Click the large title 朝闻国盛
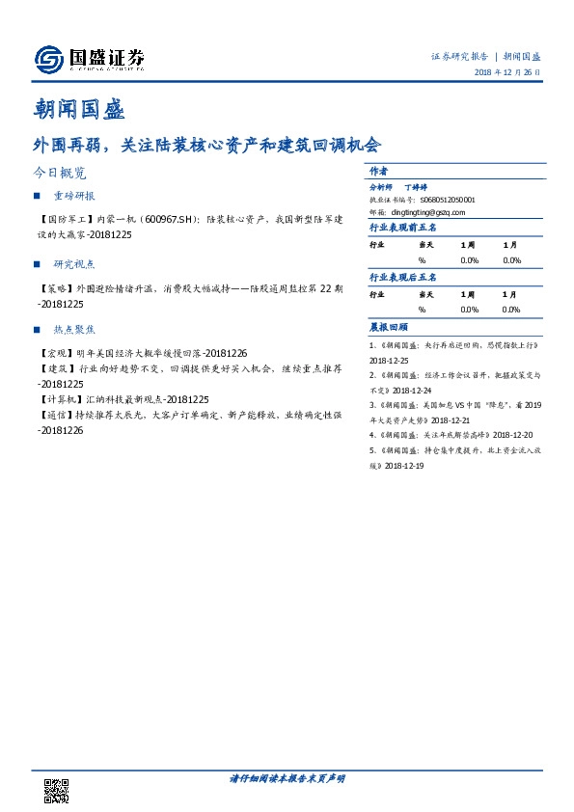[79, 108]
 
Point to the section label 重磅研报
[75, 196]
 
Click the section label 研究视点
[75, 263]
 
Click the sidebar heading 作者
[379, 170]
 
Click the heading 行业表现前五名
[402, 229]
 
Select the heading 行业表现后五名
[402, 278]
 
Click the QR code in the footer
[58, 791]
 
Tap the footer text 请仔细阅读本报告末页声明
[287, 778]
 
